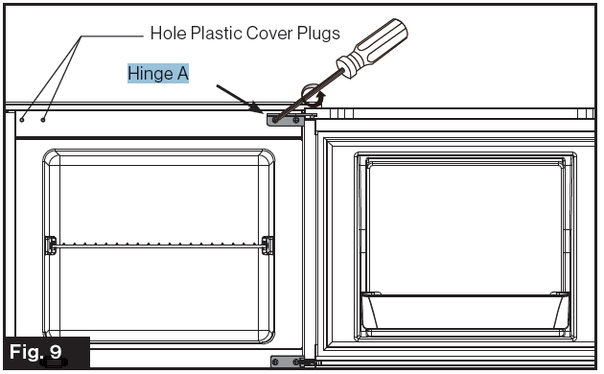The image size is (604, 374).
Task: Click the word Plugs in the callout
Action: [x=317, y=34]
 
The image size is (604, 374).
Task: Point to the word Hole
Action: [x=167, y=34]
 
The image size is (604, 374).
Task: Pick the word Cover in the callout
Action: [x=267, y=34]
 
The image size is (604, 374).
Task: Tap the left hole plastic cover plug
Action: [x=21, y=120]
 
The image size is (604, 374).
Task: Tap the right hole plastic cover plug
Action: [x=42, y=120]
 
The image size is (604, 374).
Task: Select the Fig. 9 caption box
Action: [x=45, y=352]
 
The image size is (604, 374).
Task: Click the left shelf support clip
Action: [x=51, y=245]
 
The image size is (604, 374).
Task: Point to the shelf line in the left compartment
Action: [x=158, y=245]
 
